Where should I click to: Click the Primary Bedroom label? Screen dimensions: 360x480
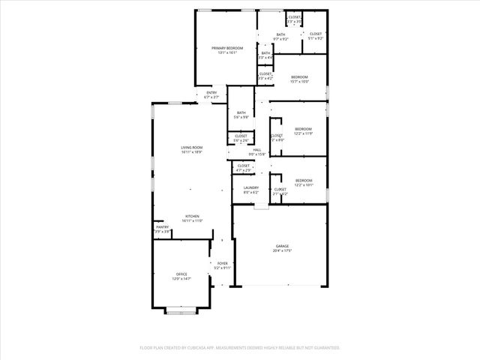click(226, 47)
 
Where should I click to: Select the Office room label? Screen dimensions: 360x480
click(181, 274)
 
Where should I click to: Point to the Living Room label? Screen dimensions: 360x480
click(191, 147)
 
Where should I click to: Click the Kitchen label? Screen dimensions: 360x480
click(191, 217)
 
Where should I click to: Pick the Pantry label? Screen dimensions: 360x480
click(162, 226)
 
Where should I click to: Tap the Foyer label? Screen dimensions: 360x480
click(223, 263)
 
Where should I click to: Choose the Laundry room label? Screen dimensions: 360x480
click(250, 187)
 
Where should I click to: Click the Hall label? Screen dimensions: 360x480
click(256, 150)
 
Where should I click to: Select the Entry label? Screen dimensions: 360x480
click(211, 92)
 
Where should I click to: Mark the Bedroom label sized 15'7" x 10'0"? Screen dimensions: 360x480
click(300, 77)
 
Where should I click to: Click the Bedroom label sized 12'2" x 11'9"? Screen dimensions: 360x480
click(303, 128)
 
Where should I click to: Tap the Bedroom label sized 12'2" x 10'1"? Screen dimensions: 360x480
click(303, 180)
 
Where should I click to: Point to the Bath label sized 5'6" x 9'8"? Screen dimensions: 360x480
click(241, 112)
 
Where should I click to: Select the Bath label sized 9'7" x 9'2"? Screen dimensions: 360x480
click(280, 34)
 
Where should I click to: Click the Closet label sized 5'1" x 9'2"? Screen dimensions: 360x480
click(316, 34)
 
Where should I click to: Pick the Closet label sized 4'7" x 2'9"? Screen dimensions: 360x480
click(244, 165)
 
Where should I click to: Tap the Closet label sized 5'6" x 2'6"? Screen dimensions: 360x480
click(241, 136)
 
